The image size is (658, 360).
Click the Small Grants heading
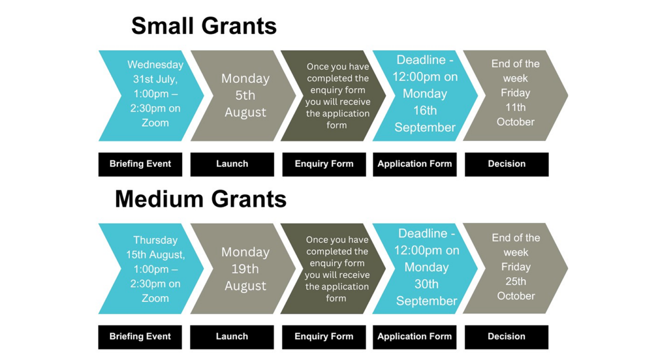(204, 26)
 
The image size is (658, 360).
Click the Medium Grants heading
(201, 199)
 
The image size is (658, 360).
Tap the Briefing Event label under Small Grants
(140, 164)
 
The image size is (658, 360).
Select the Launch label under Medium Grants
(232, 337)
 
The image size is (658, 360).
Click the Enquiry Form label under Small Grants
(324, 164)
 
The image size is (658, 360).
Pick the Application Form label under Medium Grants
(414, 337)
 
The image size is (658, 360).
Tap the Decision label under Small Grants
(507, 164)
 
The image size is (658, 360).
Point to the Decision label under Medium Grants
(506, 337)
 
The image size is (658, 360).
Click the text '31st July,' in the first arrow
(155, 79)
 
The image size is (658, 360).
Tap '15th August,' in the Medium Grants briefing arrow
(155, 254)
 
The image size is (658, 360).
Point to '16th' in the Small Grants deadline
(425, 110)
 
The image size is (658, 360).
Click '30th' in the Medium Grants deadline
(427, 284)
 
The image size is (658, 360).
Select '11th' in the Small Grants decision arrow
(516, 107)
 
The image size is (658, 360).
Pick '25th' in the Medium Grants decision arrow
(516, 281)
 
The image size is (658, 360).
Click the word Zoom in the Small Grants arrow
(155, 123)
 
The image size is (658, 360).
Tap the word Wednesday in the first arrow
(155, 64)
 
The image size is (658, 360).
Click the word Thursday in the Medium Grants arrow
(155, 240)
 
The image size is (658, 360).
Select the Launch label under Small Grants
(232, 164)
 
